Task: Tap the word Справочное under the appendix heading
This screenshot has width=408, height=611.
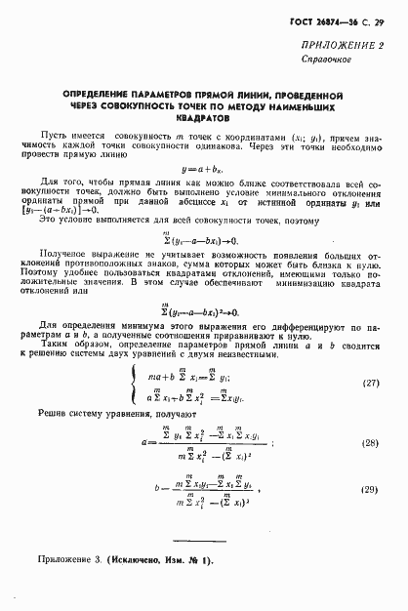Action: click(x=351, y=60)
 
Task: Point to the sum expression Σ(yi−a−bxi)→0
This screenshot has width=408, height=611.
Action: click(x=204, y=266)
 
